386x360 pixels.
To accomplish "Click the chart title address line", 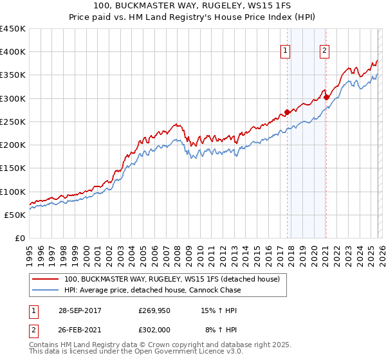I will (193, 6).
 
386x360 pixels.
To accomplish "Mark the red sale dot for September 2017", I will (286, 113).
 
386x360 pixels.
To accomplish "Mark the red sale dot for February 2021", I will (326, 98).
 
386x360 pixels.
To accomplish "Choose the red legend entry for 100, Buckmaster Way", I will (171, 280).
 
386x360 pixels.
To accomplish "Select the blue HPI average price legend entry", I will (152, 290).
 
